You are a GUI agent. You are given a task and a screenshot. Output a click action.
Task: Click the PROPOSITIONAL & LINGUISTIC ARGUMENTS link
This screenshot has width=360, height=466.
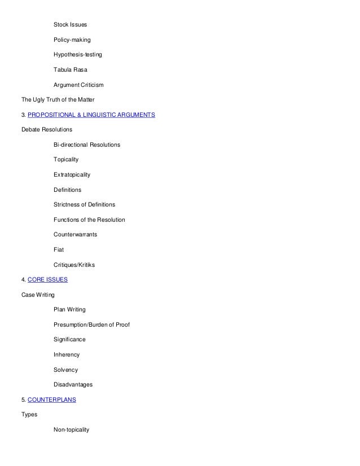click(91, 115)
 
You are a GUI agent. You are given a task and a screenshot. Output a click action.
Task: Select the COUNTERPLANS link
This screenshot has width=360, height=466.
click(51, 399)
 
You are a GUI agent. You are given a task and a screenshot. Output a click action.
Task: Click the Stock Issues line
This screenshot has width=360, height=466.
click(71, 25)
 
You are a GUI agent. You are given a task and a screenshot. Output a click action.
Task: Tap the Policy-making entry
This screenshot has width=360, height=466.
click(72, 40)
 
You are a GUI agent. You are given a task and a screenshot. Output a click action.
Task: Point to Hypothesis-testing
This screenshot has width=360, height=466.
click(78, 55)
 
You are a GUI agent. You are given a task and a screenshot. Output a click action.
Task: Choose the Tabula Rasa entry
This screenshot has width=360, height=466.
click(71, 70)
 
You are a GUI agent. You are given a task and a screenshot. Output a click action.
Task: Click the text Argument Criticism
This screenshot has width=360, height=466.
click(78, 85)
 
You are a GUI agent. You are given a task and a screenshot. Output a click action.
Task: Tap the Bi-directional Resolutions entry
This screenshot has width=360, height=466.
click(87, 145)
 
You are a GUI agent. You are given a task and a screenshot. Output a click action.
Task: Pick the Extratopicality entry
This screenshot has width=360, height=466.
click(72, 175)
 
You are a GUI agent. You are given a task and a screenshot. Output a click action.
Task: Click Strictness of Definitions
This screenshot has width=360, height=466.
click(84, 205)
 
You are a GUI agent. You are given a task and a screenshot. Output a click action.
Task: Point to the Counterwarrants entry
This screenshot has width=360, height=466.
click(75, 235)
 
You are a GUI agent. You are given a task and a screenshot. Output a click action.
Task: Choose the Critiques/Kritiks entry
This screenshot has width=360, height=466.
click(74, 265)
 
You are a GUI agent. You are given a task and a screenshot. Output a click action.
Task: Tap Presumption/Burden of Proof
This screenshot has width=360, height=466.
click(91, 324)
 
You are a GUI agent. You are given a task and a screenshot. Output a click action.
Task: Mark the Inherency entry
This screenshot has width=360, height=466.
click(67, 355)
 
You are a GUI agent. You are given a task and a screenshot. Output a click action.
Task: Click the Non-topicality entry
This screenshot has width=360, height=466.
click(72, 430)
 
